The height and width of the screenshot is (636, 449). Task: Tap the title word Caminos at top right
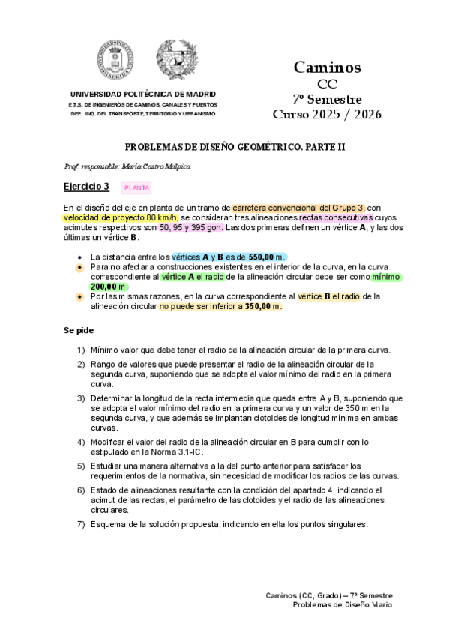(x=327, y=67)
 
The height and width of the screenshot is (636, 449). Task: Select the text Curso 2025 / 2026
(x=327, y=115)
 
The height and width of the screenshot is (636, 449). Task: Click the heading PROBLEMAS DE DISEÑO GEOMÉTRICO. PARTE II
(x=224, y=147)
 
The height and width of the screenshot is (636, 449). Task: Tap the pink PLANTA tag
(x=136, y=187)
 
